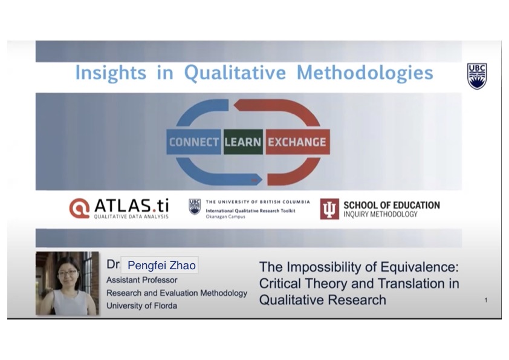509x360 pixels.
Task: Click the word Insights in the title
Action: coord(111,73)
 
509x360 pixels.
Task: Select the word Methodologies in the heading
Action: coord(365,73)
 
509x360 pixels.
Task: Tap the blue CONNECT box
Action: coord(194,142)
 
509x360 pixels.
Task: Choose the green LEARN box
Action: coord(243,142)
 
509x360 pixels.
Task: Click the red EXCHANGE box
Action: coord(297,142)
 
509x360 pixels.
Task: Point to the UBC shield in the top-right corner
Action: coord(477,76)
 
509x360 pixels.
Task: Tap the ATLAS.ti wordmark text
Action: coord(131,205)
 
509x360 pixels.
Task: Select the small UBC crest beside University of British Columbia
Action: coord(195,207)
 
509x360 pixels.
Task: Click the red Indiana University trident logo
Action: coord(329,209)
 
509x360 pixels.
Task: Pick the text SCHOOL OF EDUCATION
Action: coord(392,205)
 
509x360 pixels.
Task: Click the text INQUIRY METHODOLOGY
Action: coord(380,214)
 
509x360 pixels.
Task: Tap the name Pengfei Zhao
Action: coord(161,266)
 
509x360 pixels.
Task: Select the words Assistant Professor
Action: coord(142,280)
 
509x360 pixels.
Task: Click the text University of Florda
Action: coord(142,306)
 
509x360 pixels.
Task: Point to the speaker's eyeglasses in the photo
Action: coord(68,272)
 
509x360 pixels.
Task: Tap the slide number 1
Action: coord(486,300)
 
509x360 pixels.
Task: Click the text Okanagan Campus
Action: coord(225,217)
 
